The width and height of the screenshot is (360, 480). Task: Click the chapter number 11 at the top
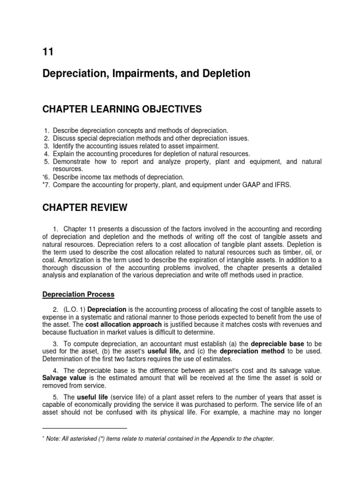click(47, 52)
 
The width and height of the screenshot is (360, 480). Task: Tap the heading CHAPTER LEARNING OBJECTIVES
click(122, 109)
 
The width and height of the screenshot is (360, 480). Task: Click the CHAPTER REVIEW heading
click(85, 207)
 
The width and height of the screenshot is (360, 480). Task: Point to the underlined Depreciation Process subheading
click(78, 294)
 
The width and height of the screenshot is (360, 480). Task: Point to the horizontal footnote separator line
click(85, 428)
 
